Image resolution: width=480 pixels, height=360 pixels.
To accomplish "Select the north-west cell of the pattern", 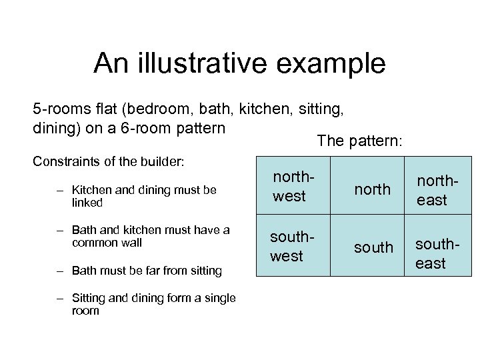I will click(289, 187).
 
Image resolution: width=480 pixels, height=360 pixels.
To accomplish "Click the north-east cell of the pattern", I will click(432, 190).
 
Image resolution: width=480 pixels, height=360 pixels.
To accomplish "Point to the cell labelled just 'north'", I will click(373, 190).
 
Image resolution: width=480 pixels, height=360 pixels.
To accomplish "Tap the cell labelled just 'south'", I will click(373, 248).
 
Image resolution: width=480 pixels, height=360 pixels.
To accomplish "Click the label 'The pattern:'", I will click(360, 141).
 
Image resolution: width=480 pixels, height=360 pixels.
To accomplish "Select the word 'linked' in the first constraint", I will click(87, 202).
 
